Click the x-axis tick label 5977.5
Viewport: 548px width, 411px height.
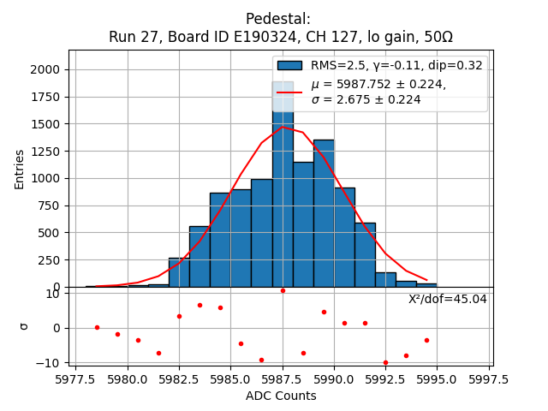point(75,380)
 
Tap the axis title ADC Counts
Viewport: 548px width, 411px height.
point(281,396)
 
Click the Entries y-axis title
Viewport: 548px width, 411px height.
point(20,169)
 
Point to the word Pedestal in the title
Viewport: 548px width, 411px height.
point(278,19)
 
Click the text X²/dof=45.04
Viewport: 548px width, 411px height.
point(447,299)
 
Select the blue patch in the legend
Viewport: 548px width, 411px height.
point(289,66)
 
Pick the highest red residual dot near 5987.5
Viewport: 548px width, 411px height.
point(283,290)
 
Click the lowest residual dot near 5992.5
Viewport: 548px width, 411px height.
point(385,362)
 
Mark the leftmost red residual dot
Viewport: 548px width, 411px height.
point(97,327)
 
